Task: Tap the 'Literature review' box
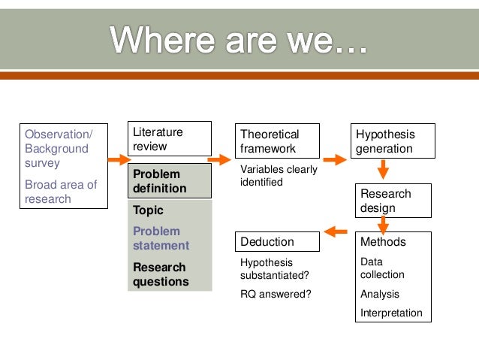pyautogui.click(x=169, y=140)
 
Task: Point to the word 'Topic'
pyautogui.click(x=148, y=210)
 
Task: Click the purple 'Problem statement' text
pyautogui.click(x=161, y=238)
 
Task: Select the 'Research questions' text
pyautogui.click(x=159, y=274)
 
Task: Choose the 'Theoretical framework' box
pyautogui.click(x=279, y=141)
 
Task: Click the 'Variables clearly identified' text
pyautogui.click(x=278, y=176)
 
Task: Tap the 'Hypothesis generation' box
pyautogui.click(x=393, y=141)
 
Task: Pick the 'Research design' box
pyautogui.click(x=393, y=201)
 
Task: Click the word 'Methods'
pyautogui.click(x=383, y=242)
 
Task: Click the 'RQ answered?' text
pyautogui.click(x=276, y=294)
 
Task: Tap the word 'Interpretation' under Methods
pyautogui.click(x=391, y=313)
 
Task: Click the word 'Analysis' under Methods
pyautogui.click(x=380, y=294)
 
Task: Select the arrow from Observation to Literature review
pyautogui.click(x=119, y=160)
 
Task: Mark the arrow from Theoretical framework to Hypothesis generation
pyautogui.click(x=335, y=160)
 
